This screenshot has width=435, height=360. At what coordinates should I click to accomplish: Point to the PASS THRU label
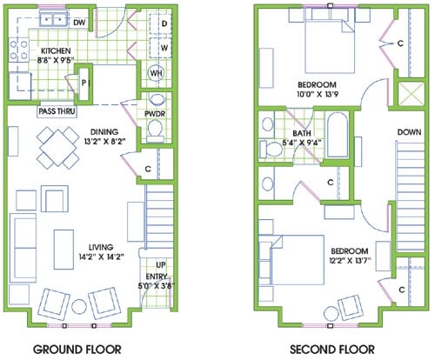[56, 112]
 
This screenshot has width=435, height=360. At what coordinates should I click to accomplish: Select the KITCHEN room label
[56, 51]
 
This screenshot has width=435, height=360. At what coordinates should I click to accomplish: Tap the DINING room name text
[44, 132]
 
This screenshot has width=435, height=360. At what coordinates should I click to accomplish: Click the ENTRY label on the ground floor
[157, 276]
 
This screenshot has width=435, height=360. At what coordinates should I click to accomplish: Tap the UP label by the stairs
[161, 263]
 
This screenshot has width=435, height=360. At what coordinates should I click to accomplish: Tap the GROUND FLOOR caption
[76, 350]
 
